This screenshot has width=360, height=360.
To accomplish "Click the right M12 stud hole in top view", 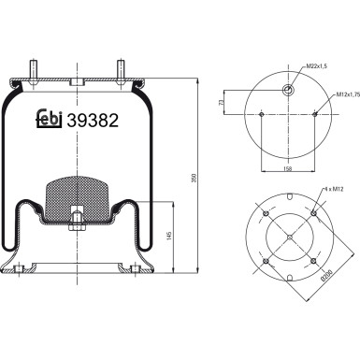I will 316,116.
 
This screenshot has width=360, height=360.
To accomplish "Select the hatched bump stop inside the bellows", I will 79,192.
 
